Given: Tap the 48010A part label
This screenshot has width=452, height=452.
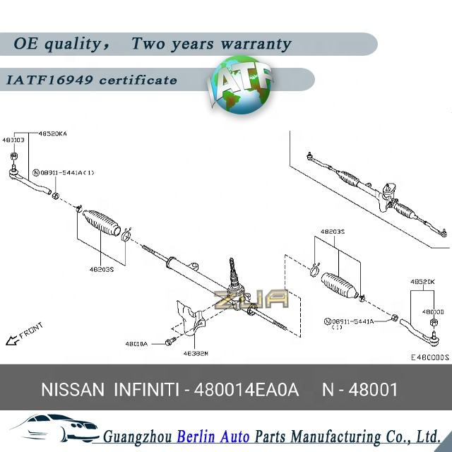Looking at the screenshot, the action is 136,344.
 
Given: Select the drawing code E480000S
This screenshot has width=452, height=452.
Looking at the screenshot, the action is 429,357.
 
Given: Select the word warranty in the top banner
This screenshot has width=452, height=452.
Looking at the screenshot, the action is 255,44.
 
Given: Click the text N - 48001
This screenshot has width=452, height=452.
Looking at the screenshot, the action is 359,389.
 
